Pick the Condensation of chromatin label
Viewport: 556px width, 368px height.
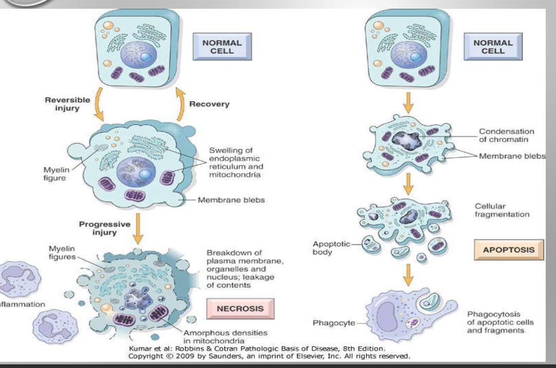pos(498,136)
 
